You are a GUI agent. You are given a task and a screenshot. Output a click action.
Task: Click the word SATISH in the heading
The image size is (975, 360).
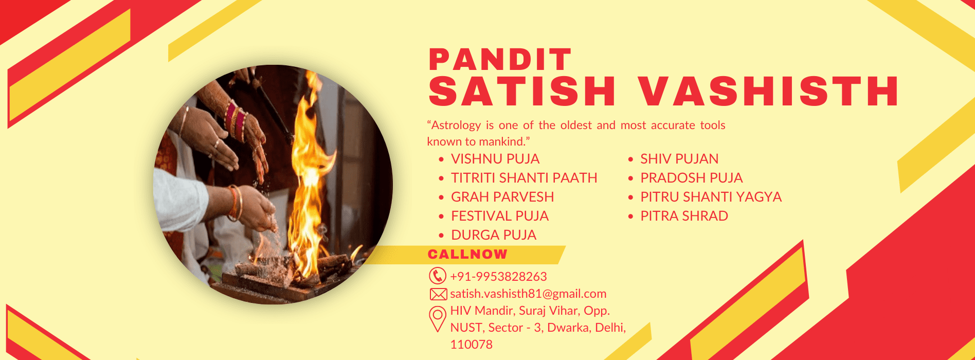522,92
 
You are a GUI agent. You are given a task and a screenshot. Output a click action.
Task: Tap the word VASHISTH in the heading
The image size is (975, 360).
768,92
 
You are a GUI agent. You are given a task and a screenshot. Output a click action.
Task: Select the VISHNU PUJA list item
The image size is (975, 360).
495,159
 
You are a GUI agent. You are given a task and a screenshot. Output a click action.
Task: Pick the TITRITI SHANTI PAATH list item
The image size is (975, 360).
524,178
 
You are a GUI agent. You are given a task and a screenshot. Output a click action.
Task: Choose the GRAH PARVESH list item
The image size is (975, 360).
502,197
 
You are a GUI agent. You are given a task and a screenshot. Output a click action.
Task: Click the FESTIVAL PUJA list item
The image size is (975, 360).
500,216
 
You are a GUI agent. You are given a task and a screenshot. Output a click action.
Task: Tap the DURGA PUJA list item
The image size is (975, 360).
494,235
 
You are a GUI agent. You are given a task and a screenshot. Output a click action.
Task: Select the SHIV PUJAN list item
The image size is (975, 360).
679,159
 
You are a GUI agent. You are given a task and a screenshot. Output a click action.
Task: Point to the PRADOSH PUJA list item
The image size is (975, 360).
692,178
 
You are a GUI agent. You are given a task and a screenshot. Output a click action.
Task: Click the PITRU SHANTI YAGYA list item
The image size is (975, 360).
711,197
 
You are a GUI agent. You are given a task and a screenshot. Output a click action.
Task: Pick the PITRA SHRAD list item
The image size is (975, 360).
684,216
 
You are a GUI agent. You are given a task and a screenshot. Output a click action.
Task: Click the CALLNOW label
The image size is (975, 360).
467,254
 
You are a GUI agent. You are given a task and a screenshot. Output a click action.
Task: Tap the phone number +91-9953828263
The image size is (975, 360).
498,277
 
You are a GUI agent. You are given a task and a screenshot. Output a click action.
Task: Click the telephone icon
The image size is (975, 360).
438,276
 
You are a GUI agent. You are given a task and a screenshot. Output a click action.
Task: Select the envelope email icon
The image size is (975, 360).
438,294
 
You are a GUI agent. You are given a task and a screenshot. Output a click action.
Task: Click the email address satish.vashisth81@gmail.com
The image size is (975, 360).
528,294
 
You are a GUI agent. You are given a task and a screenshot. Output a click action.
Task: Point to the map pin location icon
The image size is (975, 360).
438,319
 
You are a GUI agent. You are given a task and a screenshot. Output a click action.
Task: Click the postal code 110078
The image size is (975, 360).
472,345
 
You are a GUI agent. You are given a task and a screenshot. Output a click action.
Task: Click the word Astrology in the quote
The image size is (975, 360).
456,125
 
